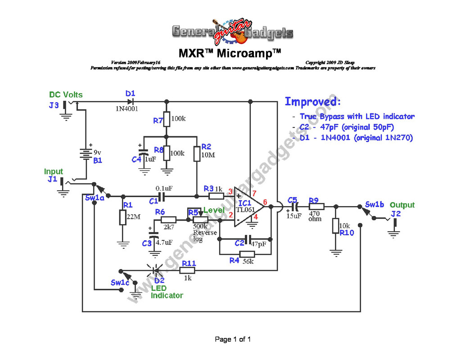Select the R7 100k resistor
coord(167,119)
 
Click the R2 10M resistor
coord(197,154)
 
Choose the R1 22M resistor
coord(122,217)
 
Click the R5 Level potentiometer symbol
coord(199,219)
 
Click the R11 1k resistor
coord(188,270)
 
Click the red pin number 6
coord(265,202)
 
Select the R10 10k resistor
coord(335,225)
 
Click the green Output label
coord(402,205)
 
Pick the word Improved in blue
coord(312,101)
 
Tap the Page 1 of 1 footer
coord(233,339)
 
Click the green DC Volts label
coord(66,95)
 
